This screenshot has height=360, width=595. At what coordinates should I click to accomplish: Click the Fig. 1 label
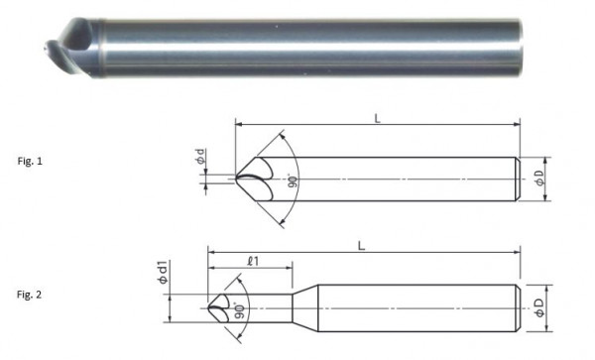pos(30,161)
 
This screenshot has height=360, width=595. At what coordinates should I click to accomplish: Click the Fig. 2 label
pos(29,295)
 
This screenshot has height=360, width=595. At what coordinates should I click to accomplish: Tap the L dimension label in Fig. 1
pos(377,119)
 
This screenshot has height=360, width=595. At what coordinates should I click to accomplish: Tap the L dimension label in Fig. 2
pos(362,246)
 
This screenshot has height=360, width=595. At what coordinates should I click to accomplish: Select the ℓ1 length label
pos(253,261)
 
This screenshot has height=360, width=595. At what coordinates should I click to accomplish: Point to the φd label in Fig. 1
pos(201,157)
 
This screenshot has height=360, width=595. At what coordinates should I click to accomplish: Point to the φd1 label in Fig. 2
pos(163,273)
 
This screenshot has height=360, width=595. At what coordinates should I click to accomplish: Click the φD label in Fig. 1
pos(539,178)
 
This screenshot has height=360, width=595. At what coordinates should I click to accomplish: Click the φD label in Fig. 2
pos(539,307)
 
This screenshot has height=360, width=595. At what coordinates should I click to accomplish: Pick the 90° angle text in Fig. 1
pos(293,180)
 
